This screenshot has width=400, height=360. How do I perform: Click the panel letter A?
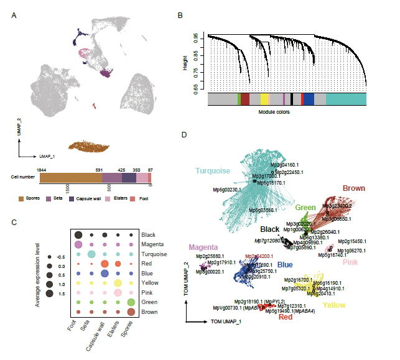(x=14, y=14)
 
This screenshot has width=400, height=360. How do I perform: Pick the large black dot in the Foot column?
(x=78, y=234)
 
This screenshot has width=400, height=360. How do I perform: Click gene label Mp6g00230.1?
(x=226, y=190)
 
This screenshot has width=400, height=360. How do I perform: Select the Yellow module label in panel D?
(x=334, y=305)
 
